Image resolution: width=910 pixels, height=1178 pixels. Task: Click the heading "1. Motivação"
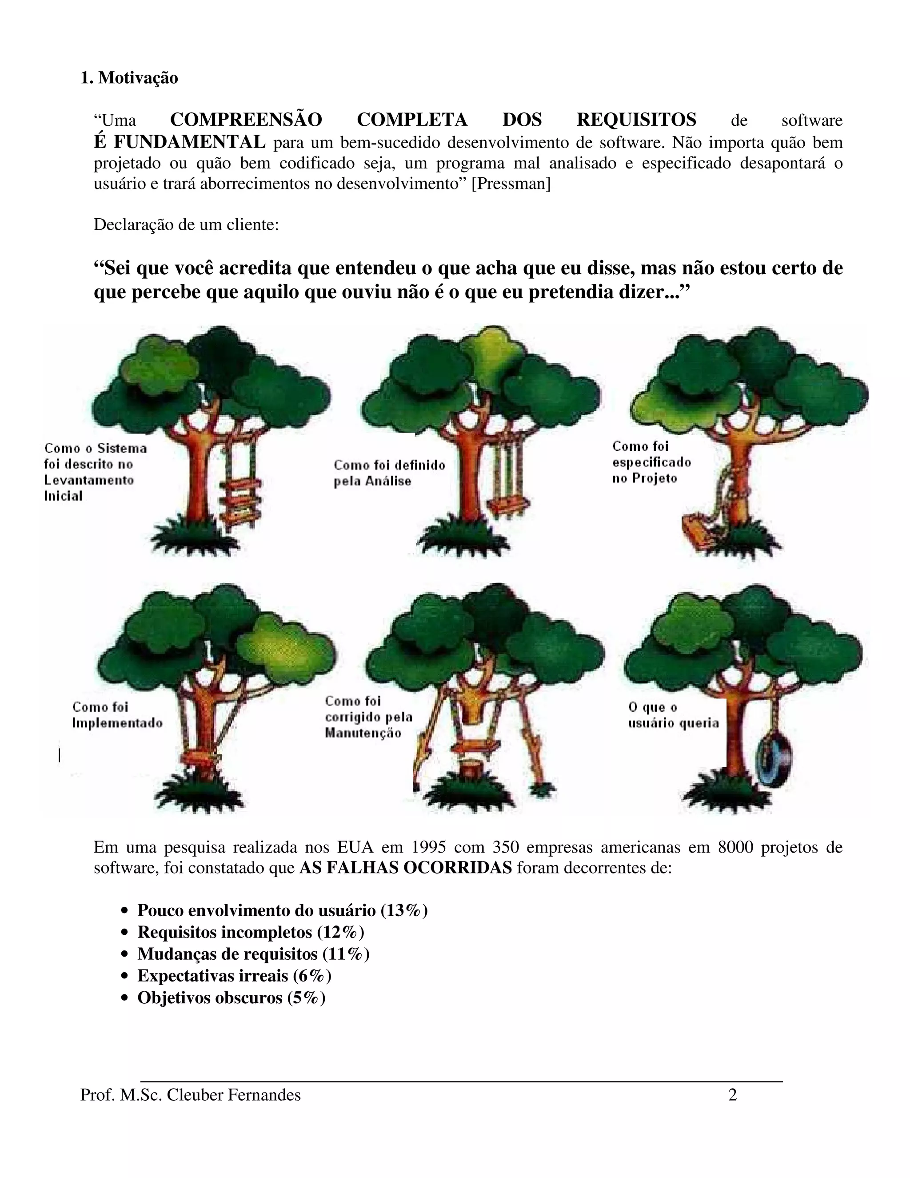[129, 78]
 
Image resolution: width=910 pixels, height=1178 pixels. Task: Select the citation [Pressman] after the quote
[511, 184]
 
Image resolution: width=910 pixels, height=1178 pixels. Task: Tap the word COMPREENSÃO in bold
[246, 119]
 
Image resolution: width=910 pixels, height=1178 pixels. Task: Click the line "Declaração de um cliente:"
[186, 224]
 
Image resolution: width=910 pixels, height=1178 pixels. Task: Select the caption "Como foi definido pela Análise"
[389, 473]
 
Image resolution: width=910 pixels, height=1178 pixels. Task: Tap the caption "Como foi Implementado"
[117, 715]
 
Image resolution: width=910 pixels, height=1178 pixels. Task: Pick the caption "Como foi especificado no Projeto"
[651, 462]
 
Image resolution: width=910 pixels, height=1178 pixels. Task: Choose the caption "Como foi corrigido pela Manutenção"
[368, 717]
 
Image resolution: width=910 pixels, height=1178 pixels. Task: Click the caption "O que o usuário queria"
[673, 715]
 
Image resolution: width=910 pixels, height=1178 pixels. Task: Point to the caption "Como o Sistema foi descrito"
[95, 472]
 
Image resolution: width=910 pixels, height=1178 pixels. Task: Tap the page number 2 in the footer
[732, 1095]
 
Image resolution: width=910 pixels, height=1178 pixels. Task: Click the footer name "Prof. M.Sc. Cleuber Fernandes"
[190, 1095]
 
